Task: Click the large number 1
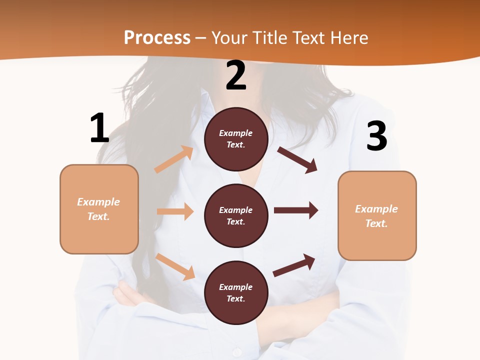pyautogui.click(x=99, y=128)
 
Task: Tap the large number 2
pyautogui.click(x=236, y=76)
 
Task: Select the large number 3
pyautogui.click(x=376, y=136)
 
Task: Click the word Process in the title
pyautogui.click(x=157, y=37)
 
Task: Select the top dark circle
pyautogui.click(x=236, y=139)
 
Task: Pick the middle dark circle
pyautogui.click(x=236, y=215)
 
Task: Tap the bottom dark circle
pyautogui.click(x=236, y=292)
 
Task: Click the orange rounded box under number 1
pyautogui.click(x=99, y=209)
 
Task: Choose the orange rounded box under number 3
pyautogui.click(x=377, y=215)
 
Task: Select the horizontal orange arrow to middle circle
pyautogui.click(x=175, y=211)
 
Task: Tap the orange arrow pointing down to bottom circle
pyautogui.click(x=175, y=266)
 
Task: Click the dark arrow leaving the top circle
pyautogui.click(x=297, y=160)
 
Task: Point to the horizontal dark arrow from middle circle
pyautogui.click(x=296, y=210)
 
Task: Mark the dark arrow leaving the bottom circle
pyautogui.click(x=294, y=265)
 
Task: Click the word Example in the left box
pyautogui.click(x=98, y=202)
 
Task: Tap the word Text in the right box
pyautogui.click(x=376, y=223)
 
